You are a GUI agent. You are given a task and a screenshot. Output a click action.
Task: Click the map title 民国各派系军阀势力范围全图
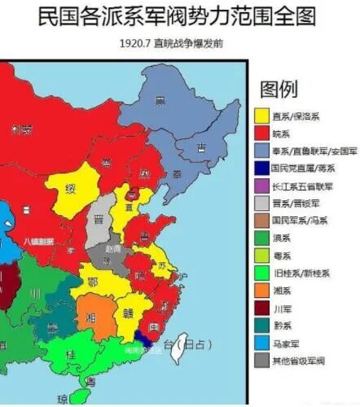pos(180,15)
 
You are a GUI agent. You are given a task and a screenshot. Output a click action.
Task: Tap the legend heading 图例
pos(279,89)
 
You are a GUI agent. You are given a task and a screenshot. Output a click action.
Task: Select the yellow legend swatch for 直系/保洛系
pos(262,116)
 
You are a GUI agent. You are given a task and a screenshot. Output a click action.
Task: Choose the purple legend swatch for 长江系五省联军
pos(262,186)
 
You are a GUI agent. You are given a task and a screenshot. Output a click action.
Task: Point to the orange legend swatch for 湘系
pos(262,291)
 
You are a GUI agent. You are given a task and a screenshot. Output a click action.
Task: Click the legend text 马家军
pos(285,344)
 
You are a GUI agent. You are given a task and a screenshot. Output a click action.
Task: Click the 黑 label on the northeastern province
pos(160,102)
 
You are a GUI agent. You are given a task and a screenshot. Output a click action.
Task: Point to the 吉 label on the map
pos(200,147)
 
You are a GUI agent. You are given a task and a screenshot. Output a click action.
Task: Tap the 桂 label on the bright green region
pos(70,356)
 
